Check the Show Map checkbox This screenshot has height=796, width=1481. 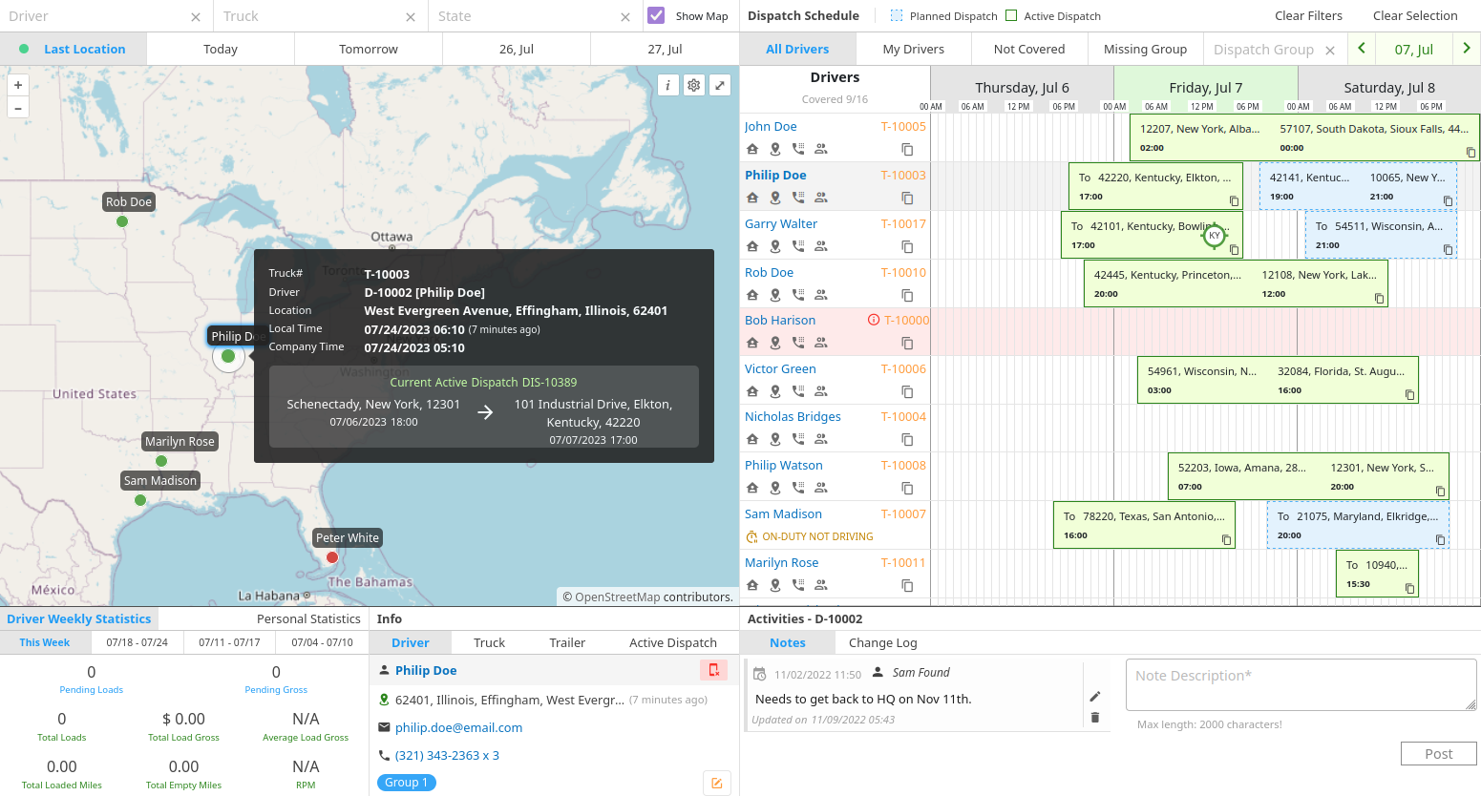pyautogui.click(x=656, y=15)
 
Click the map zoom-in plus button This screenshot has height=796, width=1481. pyautogui.click(x=18, y=85)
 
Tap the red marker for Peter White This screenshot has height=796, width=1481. pyautogui.click(x=331, y=557)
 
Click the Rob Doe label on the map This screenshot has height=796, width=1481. pyautogui.click(x=129, y=202)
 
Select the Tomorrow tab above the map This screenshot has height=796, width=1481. pyautogui.click(x=368, y=49)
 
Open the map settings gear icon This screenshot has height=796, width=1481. pyautogui.click(x=694, y=85)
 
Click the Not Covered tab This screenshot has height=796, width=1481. pyautogui.click(x=1028, y=49)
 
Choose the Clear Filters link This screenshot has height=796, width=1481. pyautogui.click(x=1307, y=16)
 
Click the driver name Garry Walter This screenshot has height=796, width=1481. pyautogui.click(x=780, y=224)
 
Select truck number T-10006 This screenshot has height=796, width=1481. pyautogui.click(x=902, y=369)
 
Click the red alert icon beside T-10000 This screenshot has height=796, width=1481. pyautogui.click(x=873, y=321)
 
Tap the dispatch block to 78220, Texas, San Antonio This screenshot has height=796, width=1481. pyautogui.click(x=1143, y=525)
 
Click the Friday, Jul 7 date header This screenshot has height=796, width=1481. pyautogui.click(x=1205, y=88)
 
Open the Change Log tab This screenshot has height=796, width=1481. pyautogui.click(x=882, y=643)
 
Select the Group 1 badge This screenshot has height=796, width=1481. pyautogui.click(x=407, y=783)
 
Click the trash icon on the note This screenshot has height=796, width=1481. pyautogui.click(x=1094, y=718)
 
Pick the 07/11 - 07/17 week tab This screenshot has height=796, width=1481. pyautogui.click(x=229, y=643)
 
